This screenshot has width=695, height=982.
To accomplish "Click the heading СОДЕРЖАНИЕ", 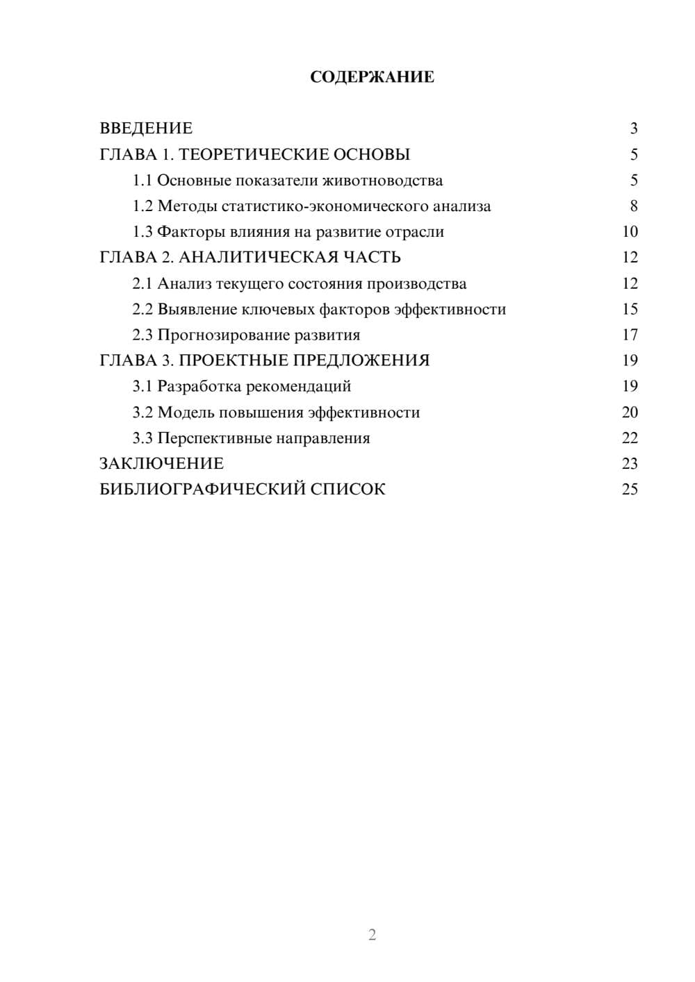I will pyautogui.click(x=372, y=77).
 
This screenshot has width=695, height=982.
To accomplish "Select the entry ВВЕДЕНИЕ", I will pyautogui.click(x=146, y=128).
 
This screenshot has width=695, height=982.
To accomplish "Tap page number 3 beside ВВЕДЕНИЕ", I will pyautogui.click(x=634, y=128).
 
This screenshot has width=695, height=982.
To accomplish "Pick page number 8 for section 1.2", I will pyautogui.click(x=634, y=206).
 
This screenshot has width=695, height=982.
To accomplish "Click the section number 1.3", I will pyautogui.click(x=142, y=232).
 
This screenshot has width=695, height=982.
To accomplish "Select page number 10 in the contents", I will pyautogui.click(x=630, y=232).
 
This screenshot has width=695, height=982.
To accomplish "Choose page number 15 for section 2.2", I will pyautogui.click(x=630, y=309).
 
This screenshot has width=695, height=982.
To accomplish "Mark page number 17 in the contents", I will pyautogui.click(x=630, y=335).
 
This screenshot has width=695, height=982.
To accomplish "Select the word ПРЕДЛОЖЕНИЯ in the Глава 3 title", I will pyautogui.click(x=361, y=360).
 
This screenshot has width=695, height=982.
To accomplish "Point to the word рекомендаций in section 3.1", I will pyautogui.click(x=299, y=387).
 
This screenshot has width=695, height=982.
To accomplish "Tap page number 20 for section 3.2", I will pyautogui.click(x=630, y=413).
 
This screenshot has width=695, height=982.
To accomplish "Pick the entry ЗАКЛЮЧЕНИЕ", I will pyautogui.click(x=161, y=464).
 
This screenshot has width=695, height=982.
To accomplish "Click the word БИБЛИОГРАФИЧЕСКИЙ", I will pyautogui.click(x=202, y=490).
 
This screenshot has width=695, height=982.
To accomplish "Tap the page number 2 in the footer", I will pyautogui.click(x=372, y=935).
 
